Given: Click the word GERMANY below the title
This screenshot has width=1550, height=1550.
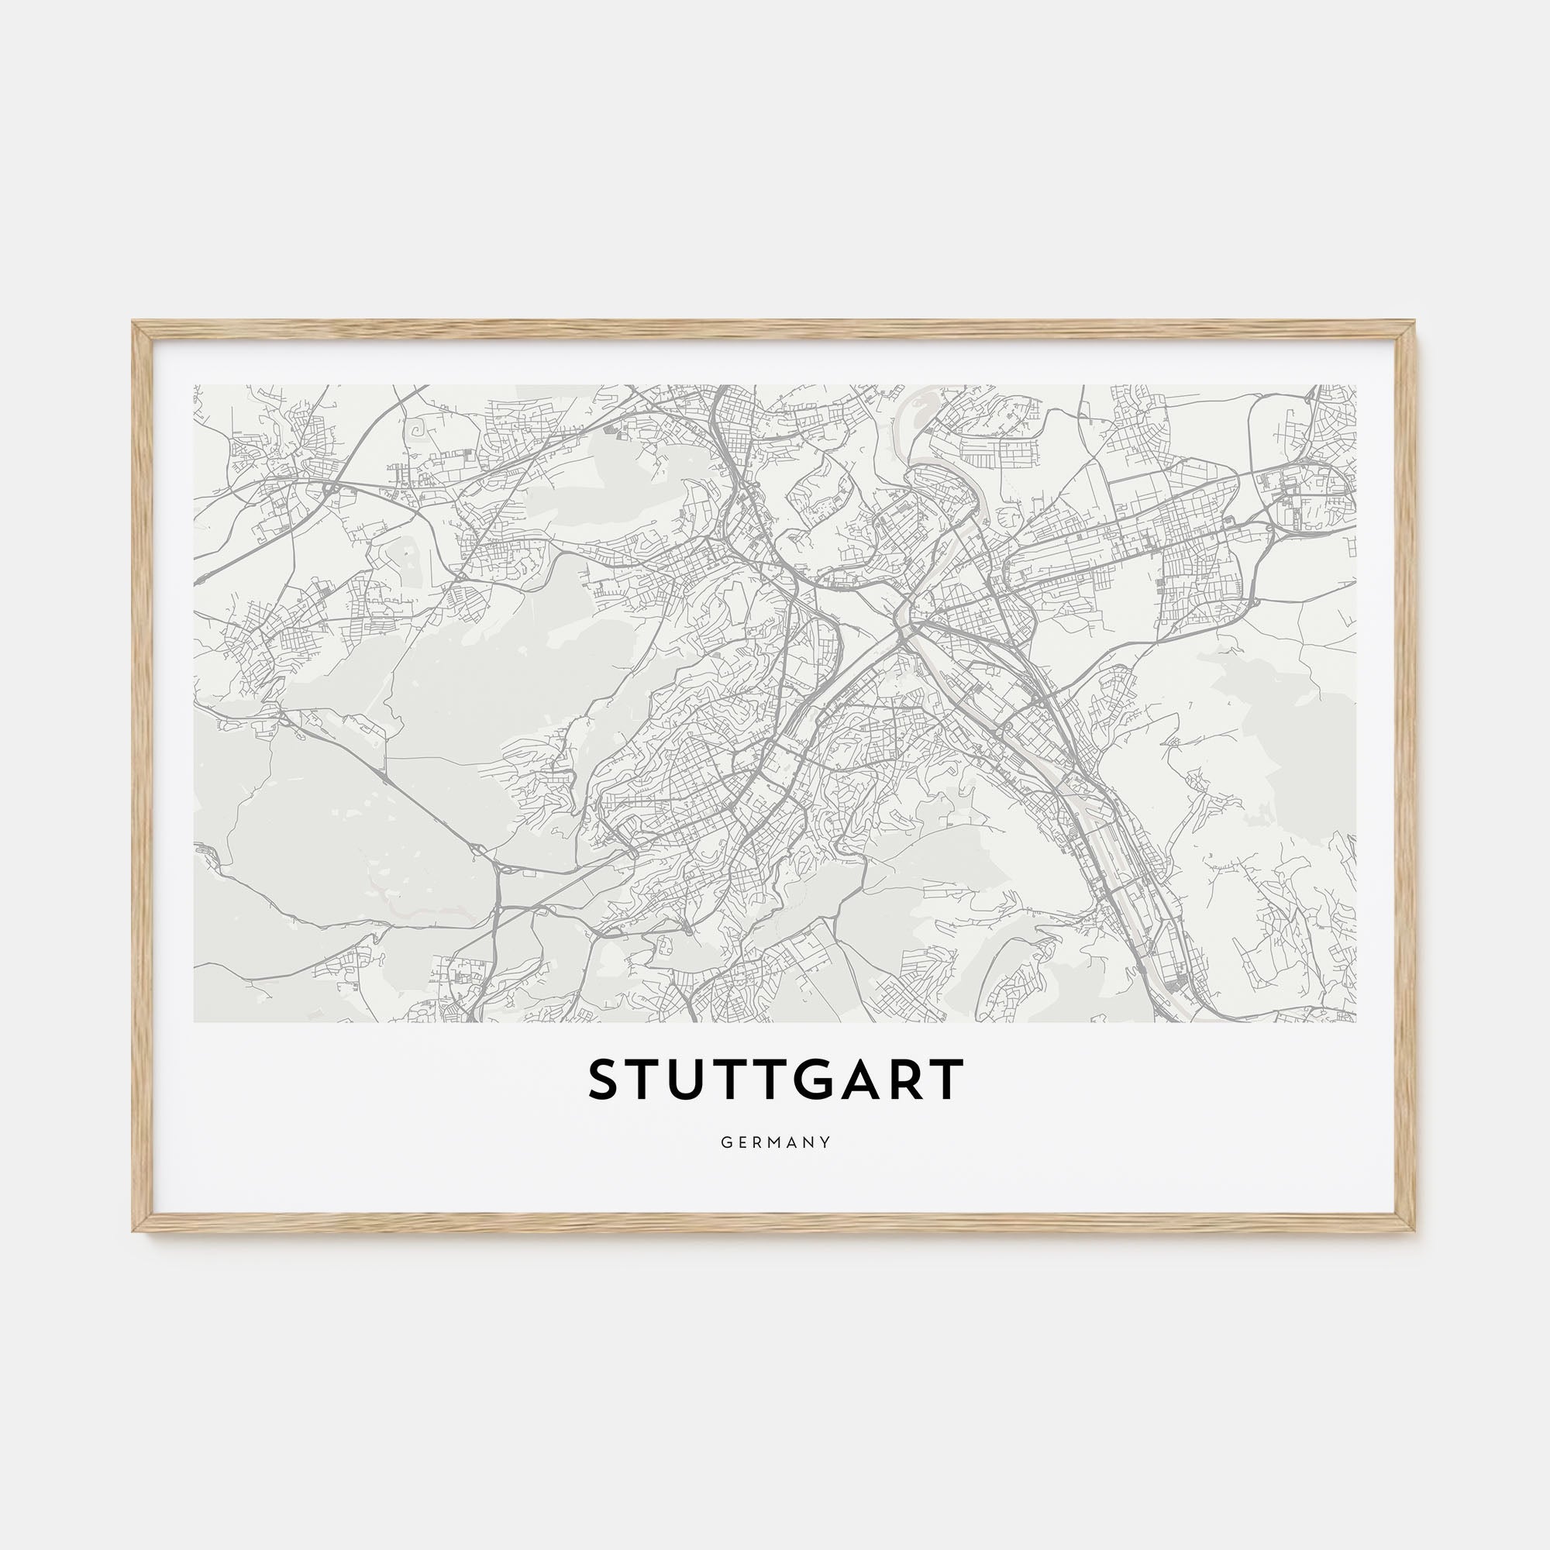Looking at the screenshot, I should coord(775,1142).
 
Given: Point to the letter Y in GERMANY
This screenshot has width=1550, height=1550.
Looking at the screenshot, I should coord(825,1142).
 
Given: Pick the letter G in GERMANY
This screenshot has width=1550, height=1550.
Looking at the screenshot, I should coord(725,1142).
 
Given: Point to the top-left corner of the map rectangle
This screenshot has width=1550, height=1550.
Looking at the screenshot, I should coord(195,386).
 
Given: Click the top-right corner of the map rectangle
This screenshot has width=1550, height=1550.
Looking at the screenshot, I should coord(1355,386).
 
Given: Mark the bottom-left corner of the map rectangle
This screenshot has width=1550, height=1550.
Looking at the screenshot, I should coord(195,1021).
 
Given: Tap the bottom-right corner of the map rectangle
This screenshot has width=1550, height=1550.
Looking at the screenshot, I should coord(1355,1021).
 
